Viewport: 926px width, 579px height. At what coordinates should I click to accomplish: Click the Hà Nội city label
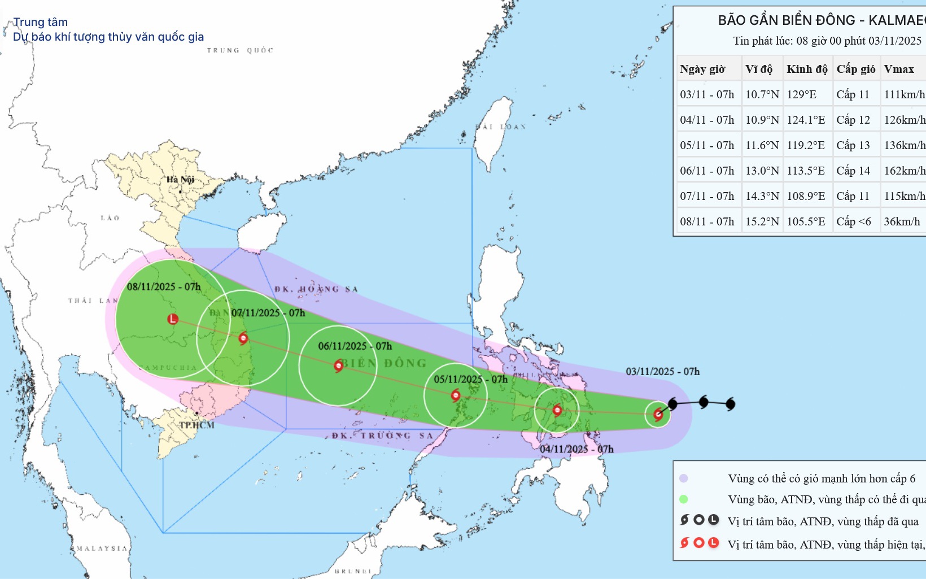coord(180,180)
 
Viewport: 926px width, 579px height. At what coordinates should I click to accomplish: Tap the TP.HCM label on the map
coord(196,425)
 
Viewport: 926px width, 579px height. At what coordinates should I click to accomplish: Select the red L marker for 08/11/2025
coord(173,319)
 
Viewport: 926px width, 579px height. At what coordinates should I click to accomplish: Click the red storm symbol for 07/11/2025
coord(243,338)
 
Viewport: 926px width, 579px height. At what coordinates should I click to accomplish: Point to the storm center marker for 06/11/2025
coord(338,365)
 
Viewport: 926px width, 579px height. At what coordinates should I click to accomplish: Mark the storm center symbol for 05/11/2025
coord(456,395)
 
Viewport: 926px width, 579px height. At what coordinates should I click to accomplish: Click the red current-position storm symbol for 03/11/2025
coord(658,415)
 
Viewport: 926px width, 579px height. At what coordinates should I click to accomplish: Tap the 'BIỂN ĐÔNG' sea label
coord(384,363)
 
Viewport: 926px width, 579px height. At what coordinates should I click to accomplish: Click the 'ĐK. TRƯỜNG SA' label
coord(382,436)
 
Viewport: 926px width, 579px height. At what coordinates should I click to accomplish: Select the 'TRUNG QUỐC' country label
coord(240,50)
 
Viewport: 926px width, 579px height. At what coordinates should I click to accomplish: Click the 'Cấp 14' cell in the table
coord(853,171)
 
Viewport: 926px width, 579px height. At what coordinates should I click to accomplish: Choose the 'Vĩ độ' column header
coord(758,69)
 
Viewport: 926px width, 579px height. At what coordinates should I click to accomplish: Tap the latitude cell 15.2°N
coord(762,221)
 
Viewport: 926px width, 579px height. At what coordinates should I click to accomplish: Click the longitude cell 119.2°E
coord(806,145)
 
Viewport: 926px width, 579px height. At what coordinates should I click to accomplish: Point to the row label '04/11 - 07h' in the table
coord(707,120)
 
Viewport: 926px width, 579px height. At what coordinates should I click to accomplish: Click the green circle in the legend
coord(684,499)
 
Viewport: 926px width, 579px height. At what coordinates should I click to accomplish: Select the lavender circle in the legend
coord(684,478)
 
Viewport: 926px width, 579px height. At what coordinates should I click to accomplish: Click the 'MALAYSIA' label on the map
coord(102,548)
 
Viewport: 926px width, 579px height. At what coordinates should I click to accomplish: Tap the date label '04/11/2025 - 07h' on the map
coord(576,449)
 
